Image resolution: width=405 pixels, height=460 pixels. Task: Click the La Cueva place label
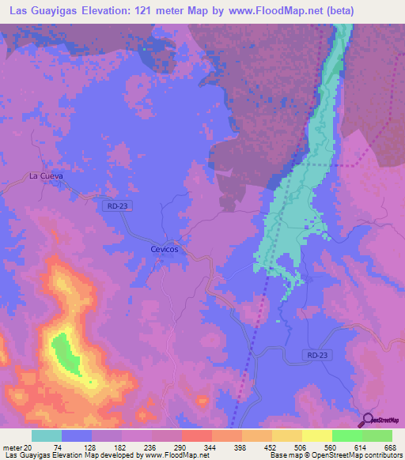[45, 175]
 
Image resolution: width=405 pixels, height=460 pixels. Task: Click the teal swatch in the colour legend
[47, 435]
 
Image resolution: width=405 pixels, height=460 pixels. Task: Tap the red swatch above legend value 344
[196, 435]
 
